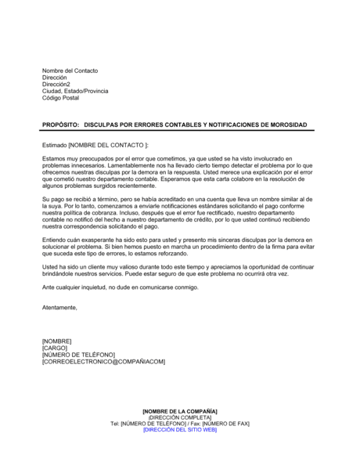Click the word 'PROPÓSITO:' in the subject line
pos(59,125)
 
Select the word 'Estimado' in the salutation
pos(55,145)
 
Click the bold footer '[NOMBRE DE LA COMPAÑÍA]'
pos(180,411)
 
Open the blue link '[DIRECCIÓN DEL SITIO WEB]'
pos(180,430)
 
